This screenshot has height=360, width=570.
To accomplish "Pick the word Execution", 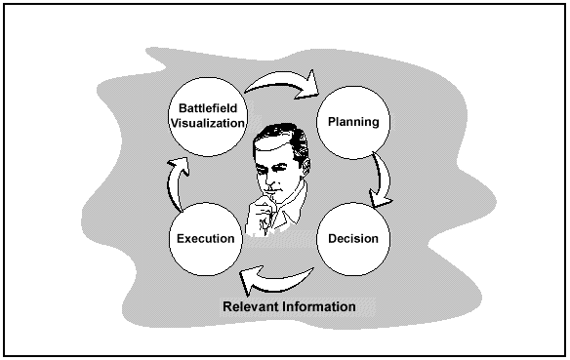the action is click(204, 238).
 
